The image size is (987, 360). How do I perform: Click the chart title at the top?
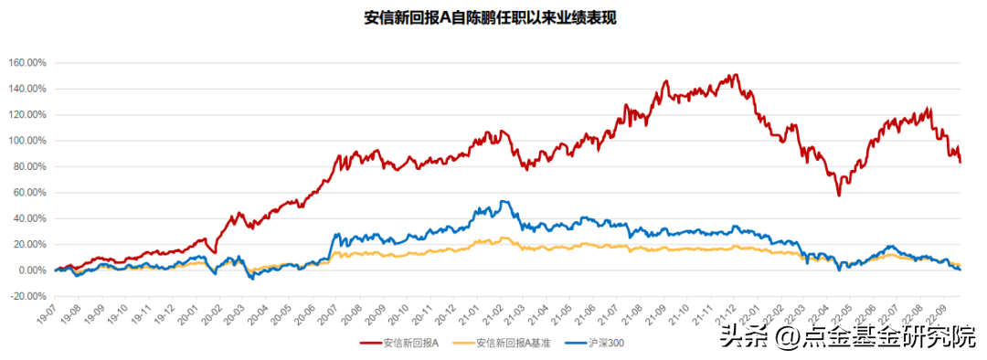(x=490, y=19)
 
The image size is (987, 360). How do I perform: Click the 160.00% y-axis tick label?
(x=27, y=63)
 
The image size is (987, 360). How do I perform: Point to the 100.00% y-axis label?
(x=27, y=141)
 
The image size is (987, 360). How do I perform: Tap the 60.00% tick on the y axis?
(x=30, y=193)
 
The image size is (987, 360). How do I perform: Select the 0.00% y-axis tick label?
(x=32, y=270)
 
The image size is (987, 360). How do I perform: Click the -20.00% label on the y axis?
(x=29, y=296)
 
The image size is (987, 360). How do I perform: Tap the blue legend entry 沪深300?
(x=594, y=343)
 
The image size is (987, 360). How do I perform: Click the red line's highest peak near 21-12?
(x=735, y=74)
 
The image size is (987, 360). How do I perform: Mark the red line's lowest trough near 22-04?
(x=838, y=196)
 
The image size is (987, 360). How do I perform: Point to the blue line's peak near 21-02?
(x=502, y=201)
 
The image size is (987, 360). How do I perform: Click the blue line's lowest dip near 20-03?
(x=253, y=279)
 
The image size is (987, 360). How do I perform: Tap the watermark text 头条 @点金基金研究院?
(x=849, y=336)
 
